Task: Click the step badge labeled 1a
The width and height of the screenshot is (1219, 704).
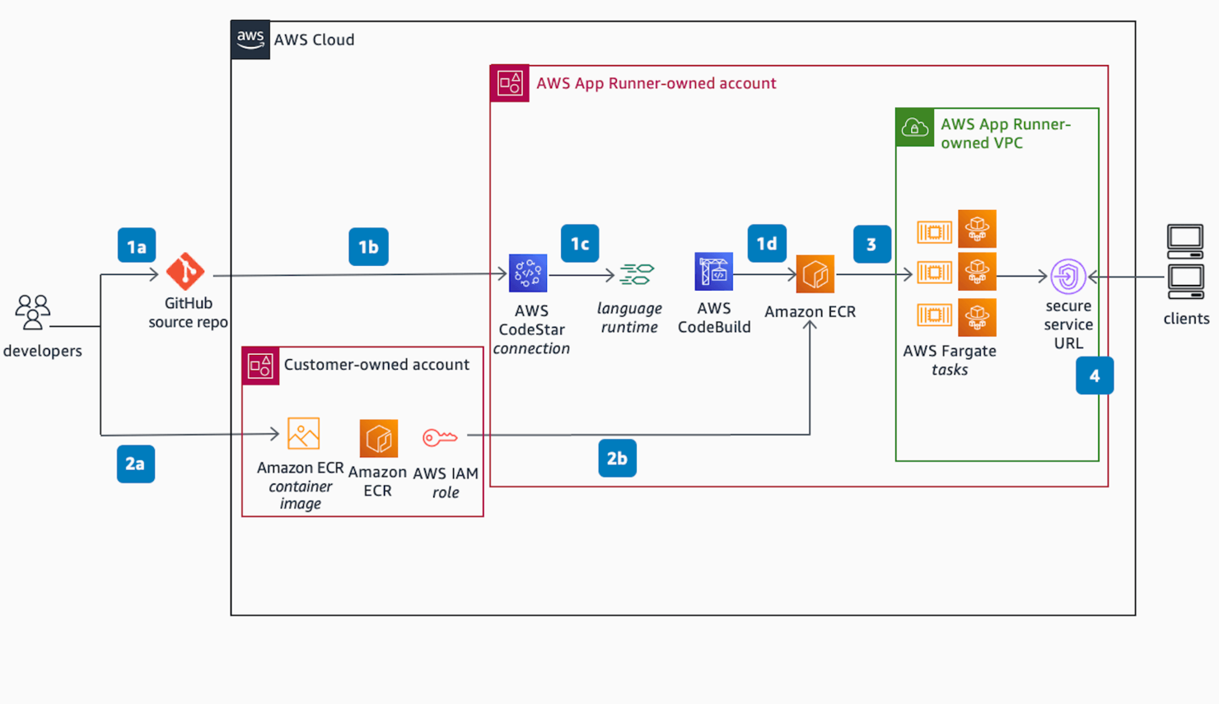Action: click(x=137, y=245)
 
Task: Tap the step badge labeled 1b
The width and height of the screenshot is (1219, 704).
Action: click(x=368, y=246)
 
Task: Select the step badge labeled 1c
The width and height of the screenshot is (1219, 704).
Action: click(x=580, y=243)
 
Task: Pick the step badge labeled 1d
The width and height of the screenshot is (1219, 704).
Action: click(x=767, y=243)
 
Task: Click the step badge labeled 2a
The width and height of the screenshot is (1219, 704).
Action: click(x=136, y=464)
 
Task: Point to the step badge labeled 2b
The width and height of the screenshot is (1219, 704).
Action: click(x=617, y=458)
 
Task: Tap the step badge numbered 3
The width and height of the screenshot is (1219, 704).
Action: click(x=871, y=244)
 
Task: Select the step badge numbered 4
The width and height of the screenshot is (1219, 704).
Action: click(x=1094, y=375)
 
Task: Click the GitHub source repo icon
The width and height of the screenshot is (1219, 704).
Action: click(x=185, y=271)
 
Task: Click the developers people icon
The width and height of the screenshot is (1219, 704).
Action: click(x=33, y=312)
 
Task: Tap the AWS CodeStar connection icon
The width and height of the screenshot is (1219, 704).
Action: click(x=528, y=273)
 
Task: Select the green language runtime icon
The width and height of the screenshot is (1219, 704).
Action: click(x=637, y=274)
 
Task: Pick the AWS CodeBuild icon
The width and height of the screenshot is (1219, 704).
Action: click(x=713, y=272)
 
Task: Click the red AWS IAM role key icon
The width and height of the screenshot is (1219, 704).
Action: click(x=440, y=437)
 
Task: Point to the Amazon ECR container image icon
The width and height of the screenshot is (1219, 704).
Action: click(x=303, y=433)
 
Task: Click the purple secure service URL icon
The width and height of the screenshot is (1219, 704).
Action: click(x=1067, y=277)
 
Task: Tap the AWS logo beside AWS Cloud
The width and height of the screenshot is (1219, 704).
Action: click(x=250, y=39)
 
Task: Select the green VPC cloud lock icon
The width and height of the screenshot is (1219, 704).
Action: click(x=914, y=128)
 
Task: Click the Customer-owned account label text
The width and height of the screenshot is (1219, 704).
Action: click(x=376, y=364)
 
